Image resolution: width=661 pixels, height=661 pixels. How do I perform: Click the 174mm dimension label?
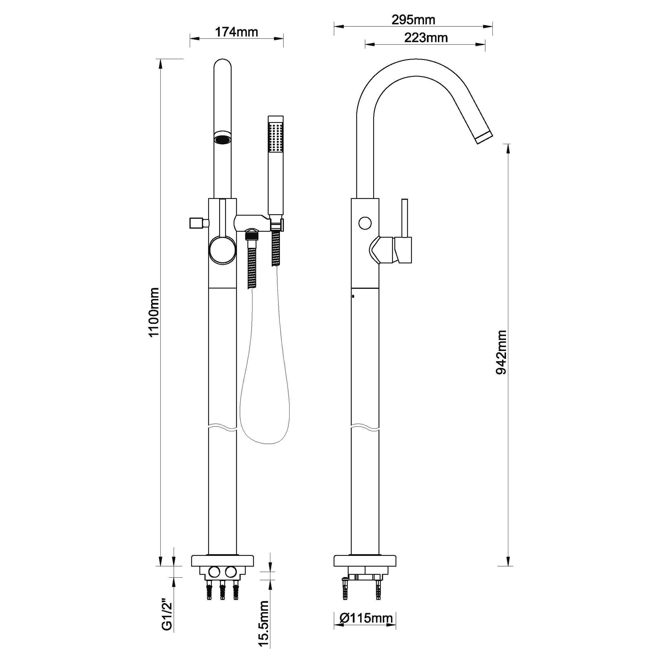[236, 32]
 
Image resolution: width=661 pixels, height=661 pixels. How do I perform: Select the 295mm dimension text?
[413, 20]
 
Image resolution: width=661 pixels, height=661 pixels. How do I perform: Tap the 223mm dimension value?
[426, 38]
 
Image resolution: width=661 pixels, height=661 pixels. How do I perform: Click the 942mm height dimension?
[501, 352]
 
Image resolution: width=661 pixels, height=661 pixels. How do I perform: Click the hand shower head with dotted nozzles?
[275, 137]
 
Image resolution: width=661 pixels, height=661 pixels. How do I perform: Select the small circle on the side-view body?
[365, 223]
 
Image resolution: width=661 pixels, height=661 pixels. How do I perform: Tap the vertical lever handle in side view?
[405, 219]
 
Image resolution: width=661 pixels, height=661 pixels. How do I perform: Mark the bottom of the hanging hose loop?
[268, 444]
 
